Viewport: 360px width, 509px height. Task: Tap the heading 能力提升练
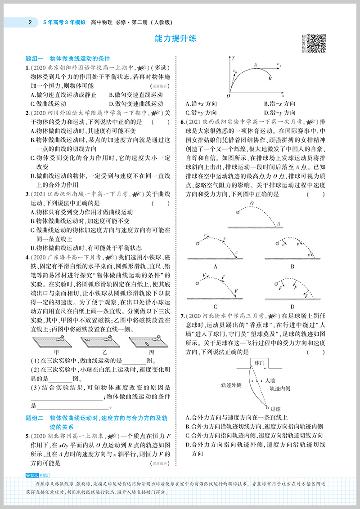[x=175, y=39]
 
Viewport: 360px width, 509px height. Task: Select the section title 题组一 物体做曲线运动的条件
[x=68, y=58]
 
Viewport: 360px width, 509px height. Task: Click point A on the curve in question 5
[x=255, y=65]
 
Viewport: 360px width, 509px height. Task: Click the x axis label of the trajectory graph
[x=283, y=96]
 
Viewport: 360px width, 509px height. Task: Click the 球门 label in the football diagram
[x=260, y=362]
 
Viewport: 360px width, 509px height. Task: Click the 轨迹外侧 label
[x=231, y=385]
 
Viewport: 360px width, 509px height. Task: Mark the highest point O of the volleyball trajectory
[x=252, y=203]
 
